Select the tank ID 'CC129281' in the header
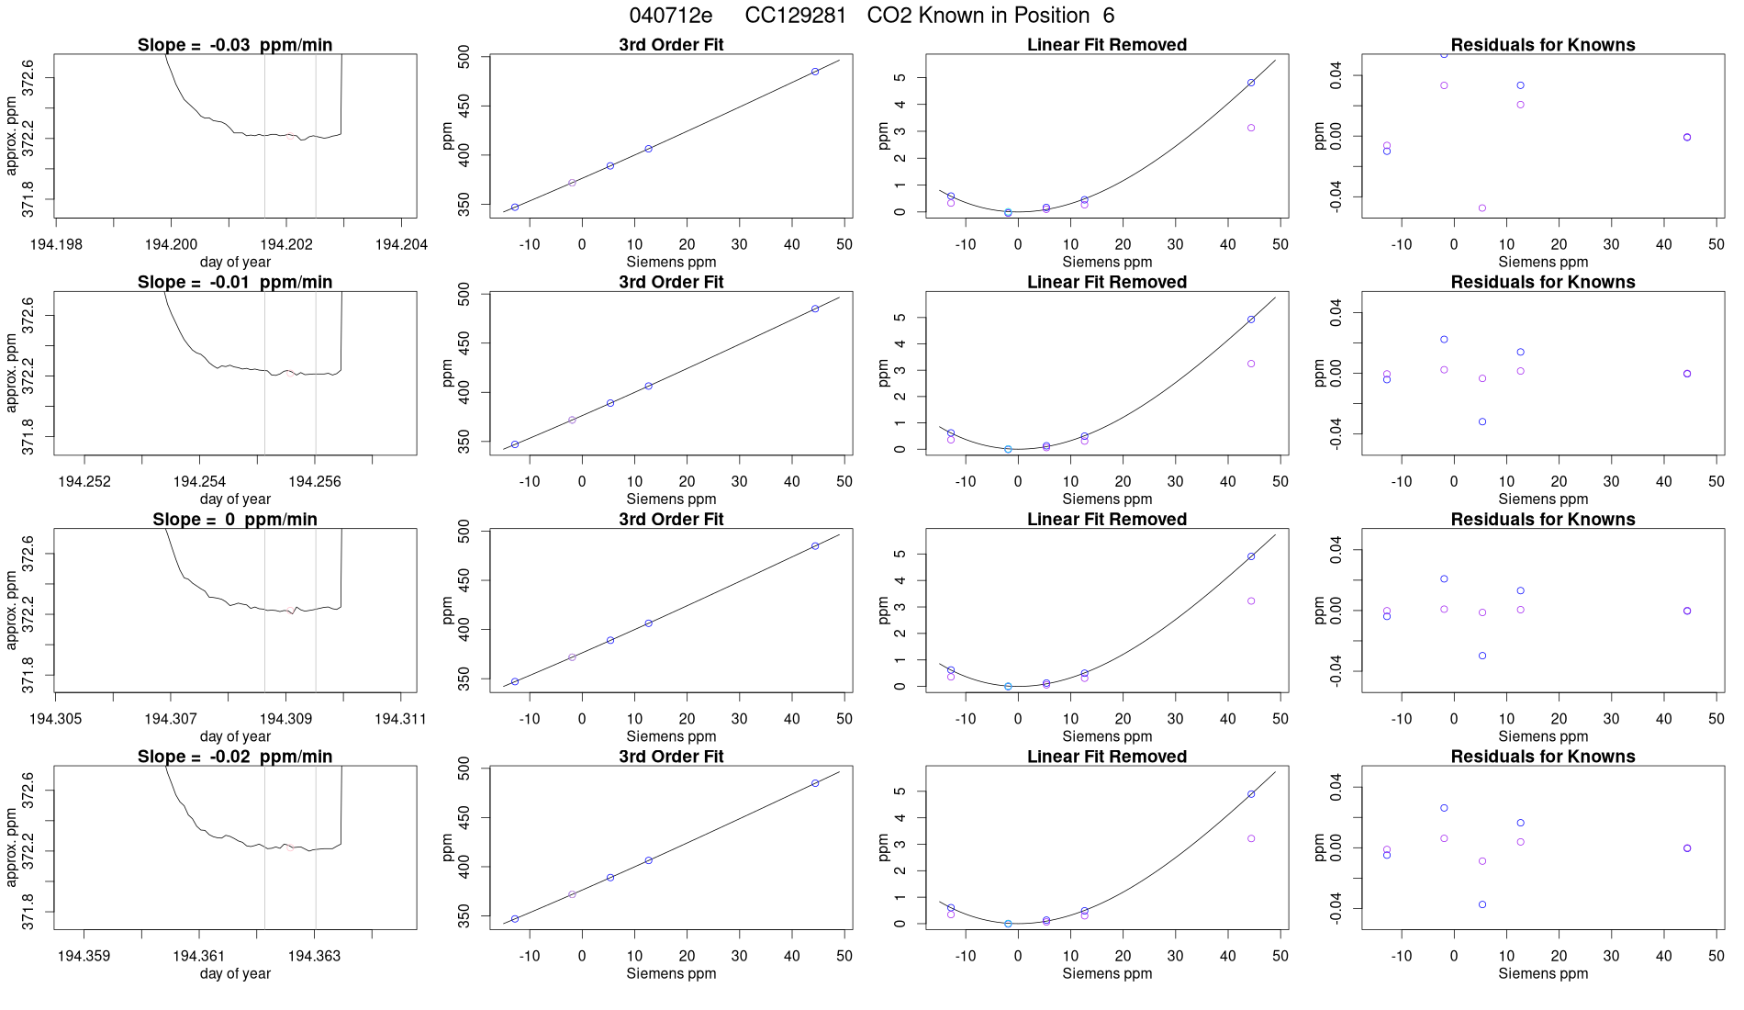(795, 16)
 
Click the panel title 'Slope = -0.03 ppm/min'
(235, 45)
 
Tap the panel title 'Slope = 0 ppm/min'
(235, 520)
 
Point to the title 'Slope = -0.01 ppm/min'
(235, 282)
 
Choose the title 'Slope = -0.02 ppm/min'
(235, 757)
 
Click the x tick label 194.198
(56, 244)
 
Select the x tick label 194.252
(84, 481)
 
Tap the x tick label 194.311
(400, 718)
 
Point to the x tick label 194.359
(84, 956)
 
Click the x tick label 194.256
(315, 481)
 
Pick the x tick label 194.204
(402, 244)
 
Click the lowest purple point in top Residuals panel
(1482, 208)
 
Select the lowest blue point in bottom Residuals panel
(1482, 904)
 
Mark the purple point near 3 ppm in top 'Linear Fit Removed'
(1251, 128)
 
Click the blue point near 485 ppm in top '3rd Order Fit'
(815, 72)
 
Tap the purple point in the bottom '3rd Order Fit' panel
(572, 894)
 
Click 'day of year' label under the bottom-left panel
(235, 973)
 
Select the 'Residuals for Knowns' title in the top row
(1543, 45)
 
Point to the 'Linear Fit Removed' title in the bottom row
(1107, 757)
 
